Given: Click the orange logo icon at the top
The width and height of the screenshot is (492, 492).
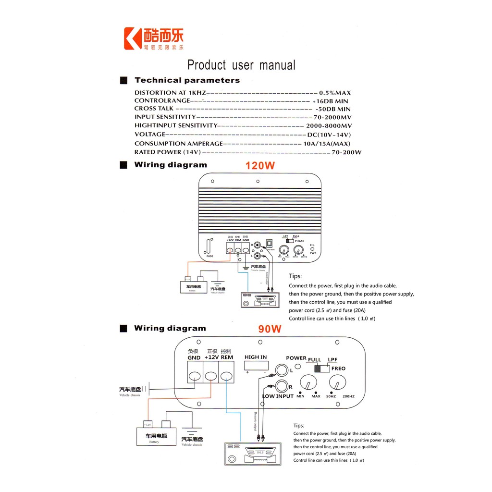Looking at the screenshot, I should pyautogui.click(x=133, y=38).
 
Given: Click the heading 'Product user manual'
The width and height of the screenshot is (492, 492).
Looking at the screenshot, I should pyautogui.click(x=241, y=65).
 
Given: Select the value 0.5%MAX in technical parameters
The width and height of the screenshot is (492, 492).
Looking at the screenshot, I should pyautogui.click(x=335, y=93).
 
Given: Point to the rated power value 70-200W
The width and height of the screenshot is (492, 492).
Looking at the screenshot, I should pyautogui.click(x=346, y=152).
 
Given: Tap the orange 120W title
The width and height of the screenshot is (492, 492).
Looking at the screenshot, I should pyautogui.click(x=260, y=166).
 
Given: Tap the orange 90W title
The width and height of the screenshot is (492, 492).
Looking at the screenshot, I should pyautogui.click(x=270, y=330).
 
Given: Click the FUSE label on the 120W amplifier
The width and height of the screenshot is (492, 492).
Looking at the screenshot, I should pyautogui.click(x=210, y=256).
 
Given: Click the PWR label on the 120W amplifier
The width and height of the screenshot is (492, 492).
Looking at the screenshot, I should pyautogui.click(x=313, y=252).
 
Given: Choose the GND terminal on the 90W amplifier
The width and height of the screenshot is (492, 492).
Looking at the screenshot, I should pyautogui.click(x=194, y=376).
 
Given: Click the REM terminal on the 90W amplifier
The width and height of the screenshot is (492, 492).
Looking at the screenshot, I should pyautogui.click(x=226, y=376).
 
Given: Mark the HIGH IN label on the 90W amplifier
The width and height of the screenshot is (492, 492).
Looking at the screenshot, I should pyautogui.click(x=256, y=357).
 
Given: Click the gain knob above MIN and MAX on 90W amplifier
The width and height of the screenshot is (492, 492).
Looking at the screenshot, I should pyautogui.click(x=308, y=383).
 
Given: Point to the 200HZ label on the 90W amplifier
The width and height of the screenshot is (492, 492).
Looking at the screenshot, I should pyautogui.click(x=349, y=396).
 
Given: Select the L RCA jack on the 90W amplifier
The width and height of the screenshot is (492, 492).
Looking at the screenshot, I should pyautogui.click(x=281, y=370).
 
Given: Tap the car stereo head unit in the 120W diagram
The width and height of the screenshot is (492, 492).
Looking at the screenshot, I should pyautogui.click(x=260, y=300).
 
